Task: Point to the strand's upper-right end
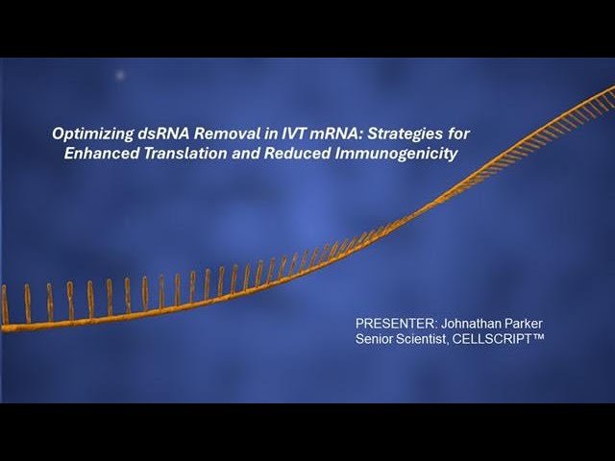pyautogui.click(x=610, y=89)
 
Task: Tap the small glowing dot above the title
pyautogui.click(x=120, y=75)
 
